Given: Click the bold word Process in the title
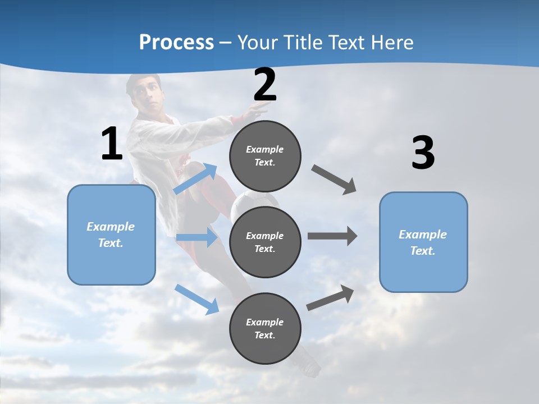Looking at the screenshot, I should pos(176,42).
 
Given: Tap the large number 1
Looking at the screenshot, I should pos(112,144).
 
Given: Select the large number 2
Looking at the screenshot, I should pos(265,85).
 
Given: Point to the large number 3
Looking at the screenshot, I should pos(423,153).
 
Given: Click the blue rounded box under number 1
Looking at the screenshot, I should pos(111,235).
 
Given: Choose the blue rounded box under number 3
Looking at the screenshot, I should pos(423,242).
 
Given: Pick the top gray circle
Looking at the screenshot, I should pos(265,156).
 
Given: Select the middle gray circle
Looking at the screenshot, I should pos(265,242).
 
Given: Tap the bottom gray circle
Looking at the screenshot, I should pos(265,328).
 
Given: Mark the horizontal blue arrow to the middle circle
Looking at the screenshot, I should pos(197,237).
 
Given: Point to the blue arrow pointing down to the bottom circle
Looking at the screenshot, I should pos(197,299).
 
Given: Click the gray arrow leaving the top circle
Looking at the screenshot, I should pos(334,180).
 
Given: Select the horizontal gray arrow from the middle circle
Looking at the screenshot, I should pos(332,236).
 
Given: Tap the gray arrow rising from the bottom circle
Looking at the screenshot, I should pos(331,298).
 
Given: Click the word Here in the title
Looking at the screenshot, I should pos(392,42).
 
